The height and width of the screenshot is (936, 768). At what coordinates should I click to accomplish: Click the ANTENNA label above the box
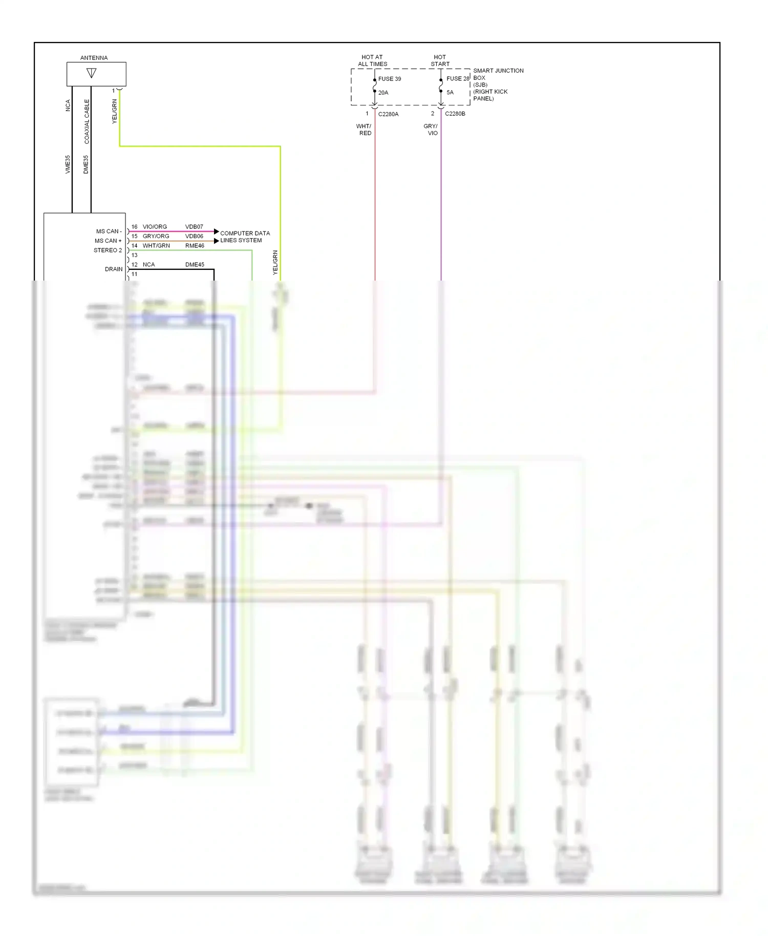94,58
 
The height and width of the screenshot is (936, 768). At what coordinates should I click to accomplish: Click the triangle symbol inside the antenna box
92,73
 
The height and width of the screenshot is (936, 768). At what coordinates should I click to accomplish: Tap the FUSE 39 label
390,79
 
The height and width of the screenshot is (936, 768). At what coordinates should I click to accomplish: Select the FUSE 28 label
457,78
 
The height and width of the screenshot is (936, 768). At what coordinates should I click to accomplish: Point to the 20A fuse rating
383,93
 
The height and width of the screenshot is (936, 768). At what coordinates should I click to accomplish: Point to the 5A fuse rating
450,93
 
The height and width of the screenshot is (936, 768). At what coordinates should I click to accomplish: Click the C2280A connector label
388,114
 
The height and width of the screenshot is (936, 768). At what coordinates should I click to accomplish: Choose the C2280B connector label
455,114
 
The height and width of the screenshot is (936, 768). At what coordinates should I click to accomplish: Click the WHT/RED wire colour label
364,130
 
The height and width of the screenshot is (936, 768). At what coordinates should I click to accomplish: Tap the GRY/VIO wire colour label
431,130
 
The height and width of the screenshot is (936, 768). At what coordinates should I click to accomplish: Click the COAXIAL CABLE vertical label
87,121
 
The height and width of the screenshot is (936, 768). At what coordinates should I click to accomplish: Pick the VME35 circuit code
68,164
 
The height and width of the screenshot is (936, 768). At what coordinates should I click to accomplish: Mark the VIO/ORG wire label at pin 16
155,227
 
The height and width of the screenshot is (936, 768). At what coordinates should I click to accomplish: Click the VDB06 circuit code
194,236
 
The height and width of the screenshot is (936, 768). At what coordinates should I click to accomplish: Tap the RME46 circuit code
195,246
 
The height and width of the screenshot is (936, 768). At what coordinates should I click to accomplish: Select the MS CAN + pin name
108,241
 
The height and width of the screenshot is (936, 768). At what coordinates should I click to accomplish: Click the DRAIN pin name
114,269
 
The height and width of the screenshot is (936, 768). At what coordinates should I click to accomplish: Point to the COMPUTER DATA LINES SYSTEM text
245,237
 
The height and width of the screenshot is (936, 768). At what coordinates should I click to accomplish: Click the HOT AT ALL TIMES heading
372,60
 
